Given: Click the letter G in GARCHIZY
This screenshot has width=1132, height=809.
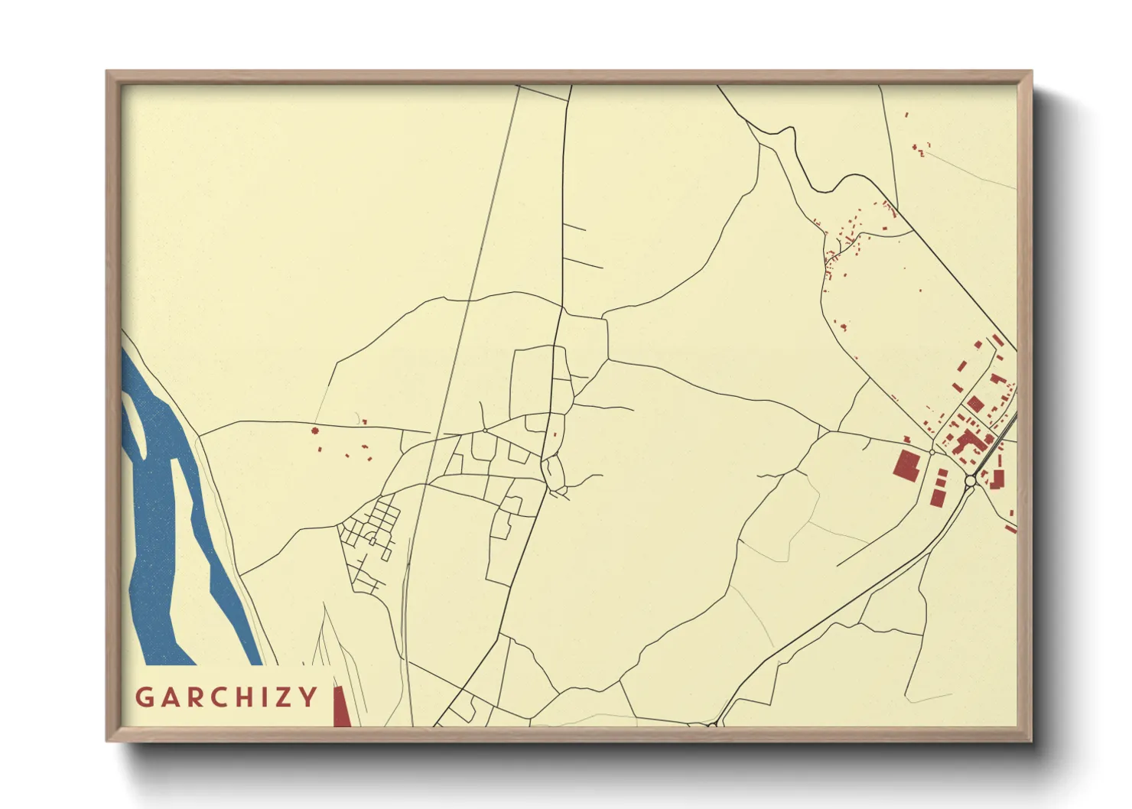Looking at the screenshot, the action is (144, 697).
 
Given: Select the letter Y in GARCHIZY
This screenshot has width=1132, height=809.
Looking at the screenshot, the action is (308, 697).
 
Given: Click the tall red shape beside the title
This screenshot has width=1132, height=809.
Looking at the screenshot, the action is (340, 707).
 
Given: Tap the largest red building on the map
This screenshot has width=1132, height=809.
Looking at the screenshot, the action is (906, 465).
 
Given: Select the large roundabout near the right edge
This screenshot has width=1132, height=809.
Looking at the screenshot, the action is (970, 481).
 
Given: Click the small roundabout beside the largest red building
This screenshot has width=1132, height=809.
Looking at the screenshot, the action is (932, 453).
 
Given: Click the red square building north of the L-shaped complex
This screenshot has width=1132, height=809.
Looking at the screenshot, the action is (974, 403).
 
